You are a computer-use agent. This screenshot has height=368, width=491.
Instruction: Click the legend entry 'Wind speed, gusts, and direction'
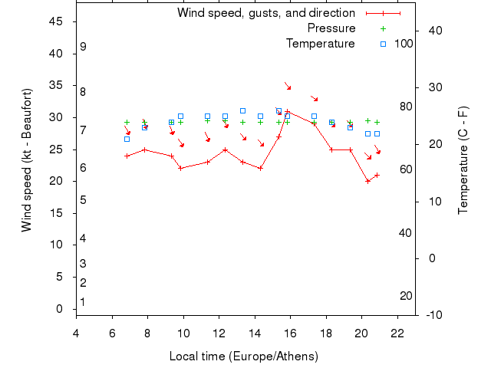click(266, 13)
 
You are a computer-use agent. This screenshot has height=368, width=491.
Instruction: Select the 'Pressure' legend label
click(331, 28)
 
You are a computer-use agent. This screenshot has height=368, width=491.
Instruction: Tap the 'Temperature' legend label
click(321, 44)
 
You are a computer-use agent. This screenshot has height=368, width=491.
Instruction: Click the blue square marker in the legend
click(383, 44)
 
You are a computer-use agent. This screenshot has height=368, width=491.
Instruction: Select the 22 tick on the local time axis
click(397, 333)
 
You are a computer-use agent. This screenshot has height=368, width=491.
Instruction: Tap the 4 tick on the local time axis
click(76, 333)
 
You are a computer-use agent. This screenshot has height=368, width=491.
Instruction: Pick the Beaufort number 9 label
click(83, 47)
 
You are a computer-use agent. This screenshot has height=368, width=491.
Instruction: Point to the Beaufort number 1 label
click(83, 302)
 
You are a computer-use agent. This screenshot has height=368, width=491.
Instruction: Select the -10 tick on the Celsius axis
click(433, 314)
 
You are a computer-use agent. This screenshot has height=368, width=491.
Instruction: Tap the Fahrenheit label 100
click(404, 44)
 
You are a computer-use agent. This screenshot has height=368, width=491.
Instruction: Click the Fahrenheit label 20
click(407, 296)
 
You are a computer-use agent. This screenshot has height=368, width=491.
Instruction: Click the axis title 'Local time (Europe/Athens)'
click(245, 356)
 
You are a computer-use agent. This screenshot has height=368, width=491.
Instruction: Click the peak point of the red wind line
click(288, 111)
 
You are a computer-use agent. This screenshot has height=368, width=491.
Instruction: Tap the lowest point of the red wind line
click(368, 181)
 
